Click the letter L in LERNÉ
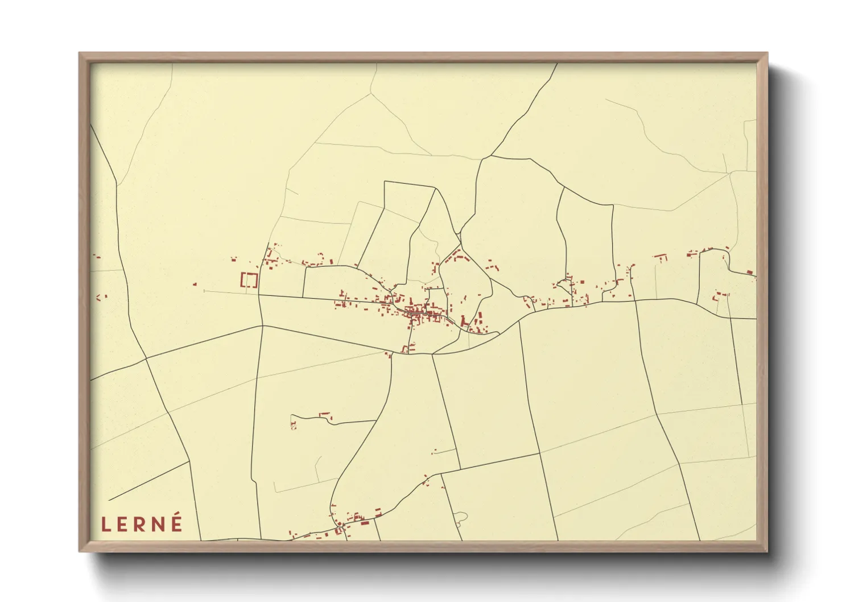(x=106, y=523)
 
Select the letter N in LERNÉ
(x=159, y=523)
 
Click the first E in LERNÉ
(x=123, y=523)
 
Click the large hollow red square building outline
(x=249, y=280)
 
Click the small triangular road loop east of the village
(x=566, y=281)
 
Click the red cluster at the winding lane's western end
(x=293, y=424)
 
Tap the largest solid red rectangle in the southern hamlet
(x=365, y=522)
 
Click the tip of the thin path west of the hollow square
(x=204, y=291)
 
